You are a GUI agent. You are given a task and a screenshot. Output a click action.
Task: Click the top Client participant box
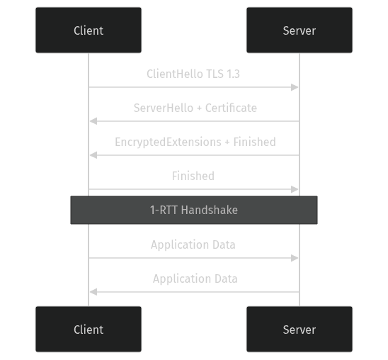coord(89,30)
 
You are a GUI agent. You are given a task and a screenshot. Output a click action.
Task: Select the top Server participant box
coord(299,30)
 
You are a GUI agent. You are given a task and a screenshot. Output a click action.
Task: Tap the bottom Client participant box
coord(89,330)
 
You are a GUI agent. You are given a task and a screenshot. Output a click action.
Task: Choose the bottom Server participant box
coord(299,330)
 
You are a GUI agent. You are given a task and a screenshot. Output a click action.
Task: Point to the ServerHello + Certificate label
coord(195,108)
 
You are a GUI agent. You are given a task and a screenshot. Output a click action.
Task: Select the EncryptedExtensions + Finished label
coord(195,142)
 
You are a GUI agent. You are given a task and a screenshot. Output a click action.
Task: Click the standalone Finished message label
coord(193,176)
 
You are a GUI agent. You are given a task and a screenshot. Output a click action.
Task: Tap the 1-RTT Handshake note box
coord(193,210)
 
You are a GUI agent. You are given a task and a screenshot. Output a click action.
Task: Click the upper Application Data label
coord(193,244)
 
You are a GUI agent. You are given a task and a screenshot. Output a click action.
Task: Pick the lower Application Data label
coord(195,279)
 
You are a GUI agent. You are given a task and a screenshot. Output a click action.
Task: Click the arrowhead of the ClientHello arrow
coord(296,87)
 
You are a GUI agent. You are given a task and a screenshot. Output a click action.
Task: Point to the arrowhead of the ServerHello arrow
coord(92,121)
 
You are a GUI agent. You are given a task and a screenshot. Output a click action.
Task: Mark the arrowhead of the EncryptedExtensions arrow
coord(92,155)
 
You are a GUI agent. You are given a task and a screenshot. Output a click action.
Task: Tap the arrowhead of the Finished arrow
coord(296,189)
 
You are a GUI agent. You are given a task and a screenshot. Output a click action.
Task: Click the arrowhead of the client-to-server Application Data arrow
coord(296,258)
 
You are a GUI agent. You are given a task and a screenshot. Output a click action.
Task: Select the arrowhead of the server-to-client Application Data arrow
coord(92,292)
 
